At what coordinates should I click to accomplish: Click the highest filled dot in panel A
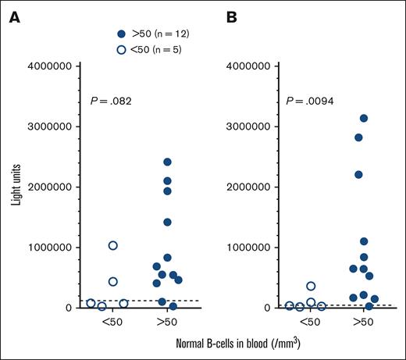[167, 162]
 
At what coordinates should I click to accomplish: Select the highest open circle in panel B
[311, 287]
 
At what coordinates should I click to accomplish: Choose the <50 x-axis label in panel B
[310, 321]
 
